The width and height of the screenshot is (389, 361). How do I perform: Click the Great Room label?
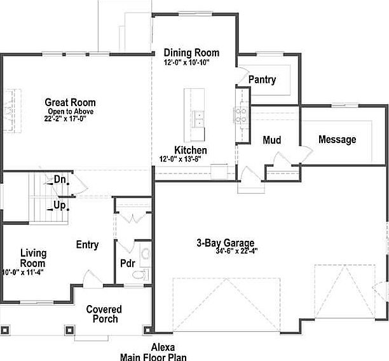tap(70, 102)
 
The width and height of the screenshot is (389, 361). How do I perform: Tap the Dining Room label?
tap(191, 53)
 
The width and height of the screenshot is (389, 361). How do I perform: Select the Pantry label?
tap(262, 79)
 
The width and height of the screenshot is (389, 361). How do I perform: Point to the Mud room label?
tap(271, 140)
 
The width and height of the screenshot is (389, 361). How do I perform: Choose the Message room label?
tap(337, 140)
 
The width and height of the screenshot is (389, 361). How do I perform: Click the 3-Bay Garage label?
tap(225, 242)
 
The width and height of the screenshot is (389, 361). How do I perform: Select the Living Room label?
tap(33, 258)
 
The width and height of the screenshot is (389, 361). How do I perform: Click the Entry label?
tap(87, 245)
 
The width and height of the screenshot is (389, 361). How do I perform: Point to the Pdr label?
tap(126, 263)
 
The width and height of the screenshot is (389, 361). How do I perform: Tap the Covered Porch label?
tap(104, 314)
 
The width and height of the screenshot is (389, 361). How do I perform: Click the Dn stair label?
tap(60, 180)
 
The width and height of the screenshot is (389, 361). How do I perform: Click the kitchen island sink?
tap(198, 119)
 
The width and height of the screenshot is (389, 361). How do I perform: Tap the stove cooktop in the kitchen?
tap(242, 114)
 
